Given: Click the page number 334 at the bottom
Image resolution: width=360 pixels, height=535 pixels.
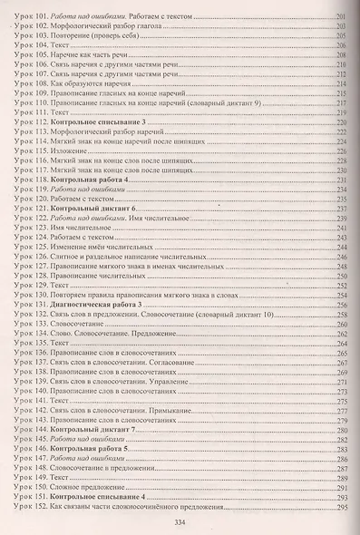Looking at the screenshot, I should [180, 520].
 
